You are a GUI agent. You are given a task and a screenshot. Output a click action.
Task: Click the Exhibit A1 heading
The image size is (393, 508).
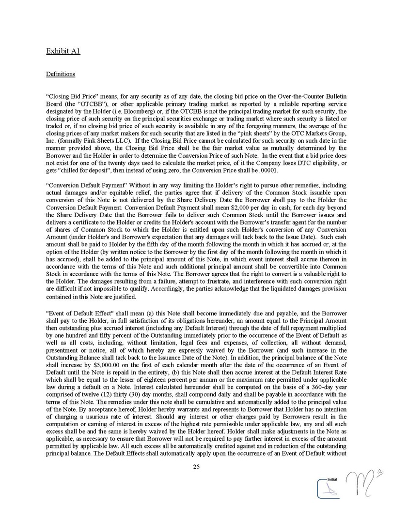[x=63, y=51]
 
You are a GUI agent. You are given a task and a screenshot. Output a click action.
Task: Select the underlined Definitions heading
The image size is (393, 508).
[x=60, y=75]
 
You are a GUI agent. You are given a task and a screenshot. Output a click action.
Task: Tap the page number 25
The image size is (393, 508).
[x=196, y=467]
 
